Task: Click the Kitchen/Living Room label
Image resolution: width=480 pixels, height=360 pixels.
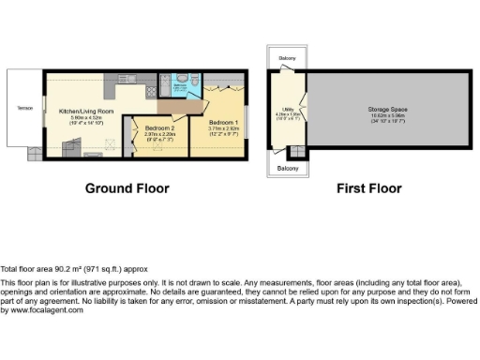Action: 86,112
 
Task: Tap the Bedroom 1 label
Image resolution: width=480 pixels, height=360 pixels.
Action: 223,123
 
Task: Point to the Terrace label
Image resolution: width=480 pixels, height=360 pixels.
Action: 23,109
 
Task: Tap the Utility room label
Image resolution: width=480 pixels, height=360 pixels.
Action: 287,111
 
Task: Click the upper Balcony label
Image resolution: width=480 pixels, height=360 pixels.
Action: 287,58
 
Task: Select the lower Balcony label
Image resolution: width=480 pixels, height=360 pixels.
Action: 287,168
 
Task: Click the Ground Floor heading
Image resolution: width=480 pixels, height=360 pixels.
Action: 127,188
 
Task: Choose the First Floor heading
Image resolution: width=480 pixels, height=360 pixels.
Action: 368,188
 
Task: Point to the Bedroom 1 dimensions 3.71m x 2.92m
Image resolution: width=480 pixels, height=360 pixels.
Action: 223,129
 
